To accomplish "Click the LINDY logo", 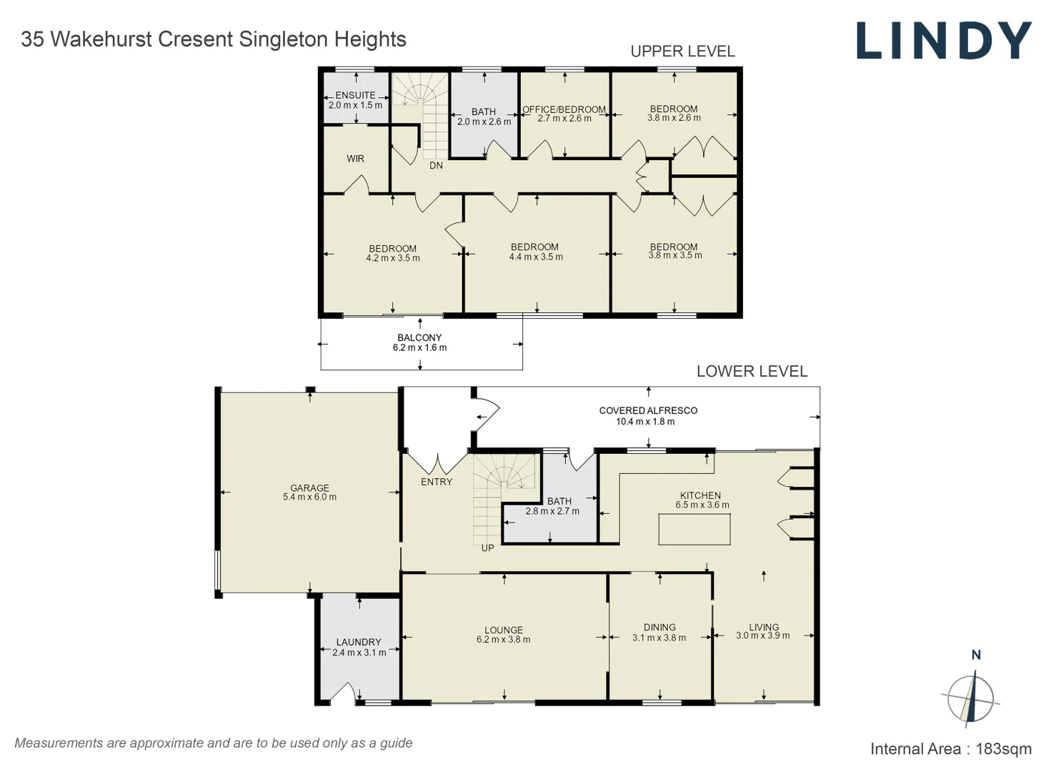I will click(x=944, y=41).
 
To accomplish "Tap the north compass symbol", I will click(x=970, y=697).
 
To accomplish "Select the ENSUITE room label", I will click(x=355, y=95).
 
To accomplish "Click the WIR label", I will click(x=355, y=159).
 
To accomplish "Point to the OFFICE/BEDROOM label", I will click(x=564, y=109).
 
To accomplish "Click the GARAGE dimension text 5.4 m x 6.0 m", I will click(x=309, y=498).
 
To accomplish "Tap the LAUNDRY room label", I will click(x=359, y=642).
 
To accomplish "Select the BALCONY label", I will click(x=419, y=337).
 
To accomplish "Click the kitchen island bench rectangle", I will click(x=694, y=530).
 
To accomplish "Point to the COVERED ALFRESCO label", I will click(x=648, y=410).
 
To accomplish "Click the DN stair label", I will click(x=436, y=166).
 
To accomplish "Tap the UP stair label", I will click(x=487, y=548).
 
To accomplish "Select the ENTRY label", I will click(x=437, y=482).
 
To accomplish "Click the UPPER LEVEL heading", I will click(x=682, y=51).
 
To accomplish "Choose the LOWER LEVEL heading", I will click(x=752, y=372).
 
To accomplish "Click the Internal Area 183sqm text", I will click(x=950, y=749).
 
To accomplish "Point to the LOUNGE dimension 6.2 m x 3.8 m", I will click(x=504, y=640).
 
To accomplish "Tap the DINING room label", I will click(x=659, y=627).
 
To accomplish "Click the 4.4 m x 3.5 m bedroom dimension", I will click(x=536, y=257).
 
